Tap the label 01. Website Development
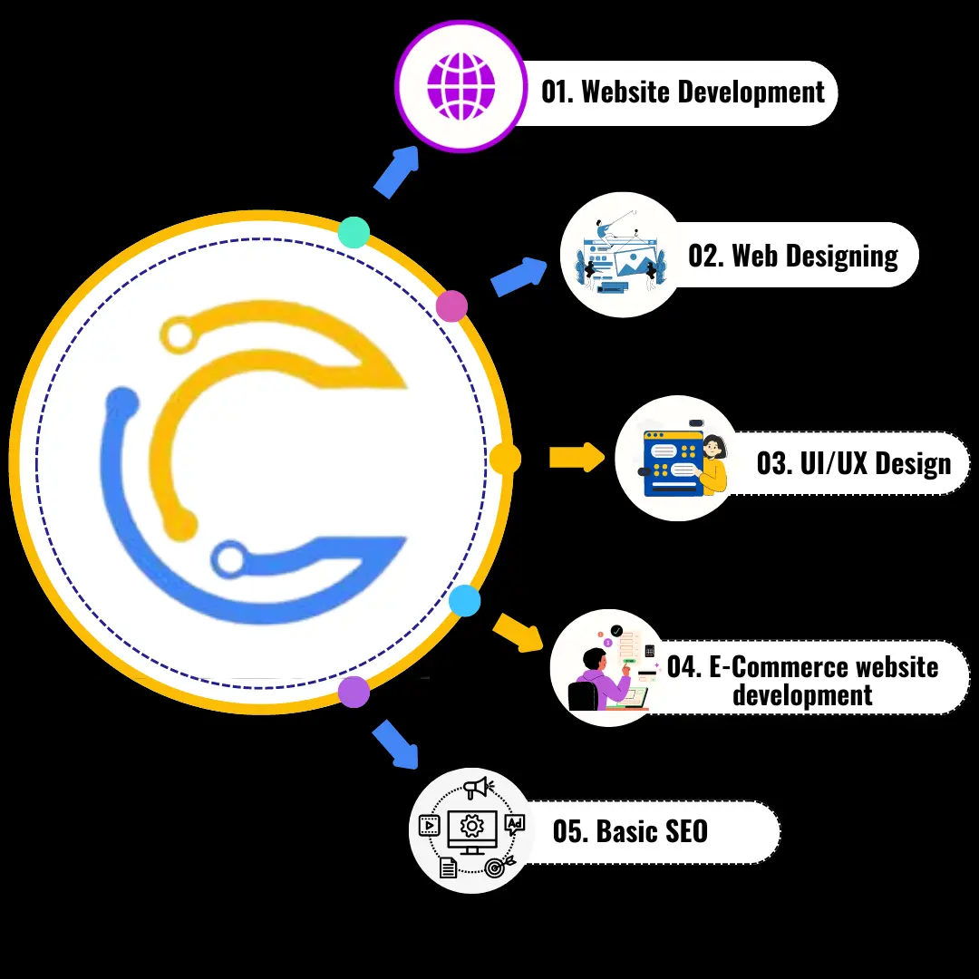(683, 92)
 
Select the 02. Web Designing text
(793, 256)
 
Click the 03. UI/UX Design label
(853, 464)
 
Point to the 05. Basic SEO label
(630, 831)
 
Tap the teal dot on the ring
(354, 232)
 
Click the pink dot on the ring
(451, 306)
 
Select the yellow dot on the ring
(505, 459)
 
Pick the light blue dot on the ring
(465, 601)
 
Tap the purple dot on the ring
(354, 692)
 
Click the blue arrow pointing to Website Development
(397, 170)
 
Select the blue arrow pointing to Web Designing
(519, 276)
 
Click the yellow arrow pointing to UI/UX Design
(577, 457)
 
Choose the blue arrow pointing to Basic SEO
(396, 743)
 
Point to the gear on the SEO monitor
(470, 826)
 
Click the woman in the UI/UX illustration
(713, 464)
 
